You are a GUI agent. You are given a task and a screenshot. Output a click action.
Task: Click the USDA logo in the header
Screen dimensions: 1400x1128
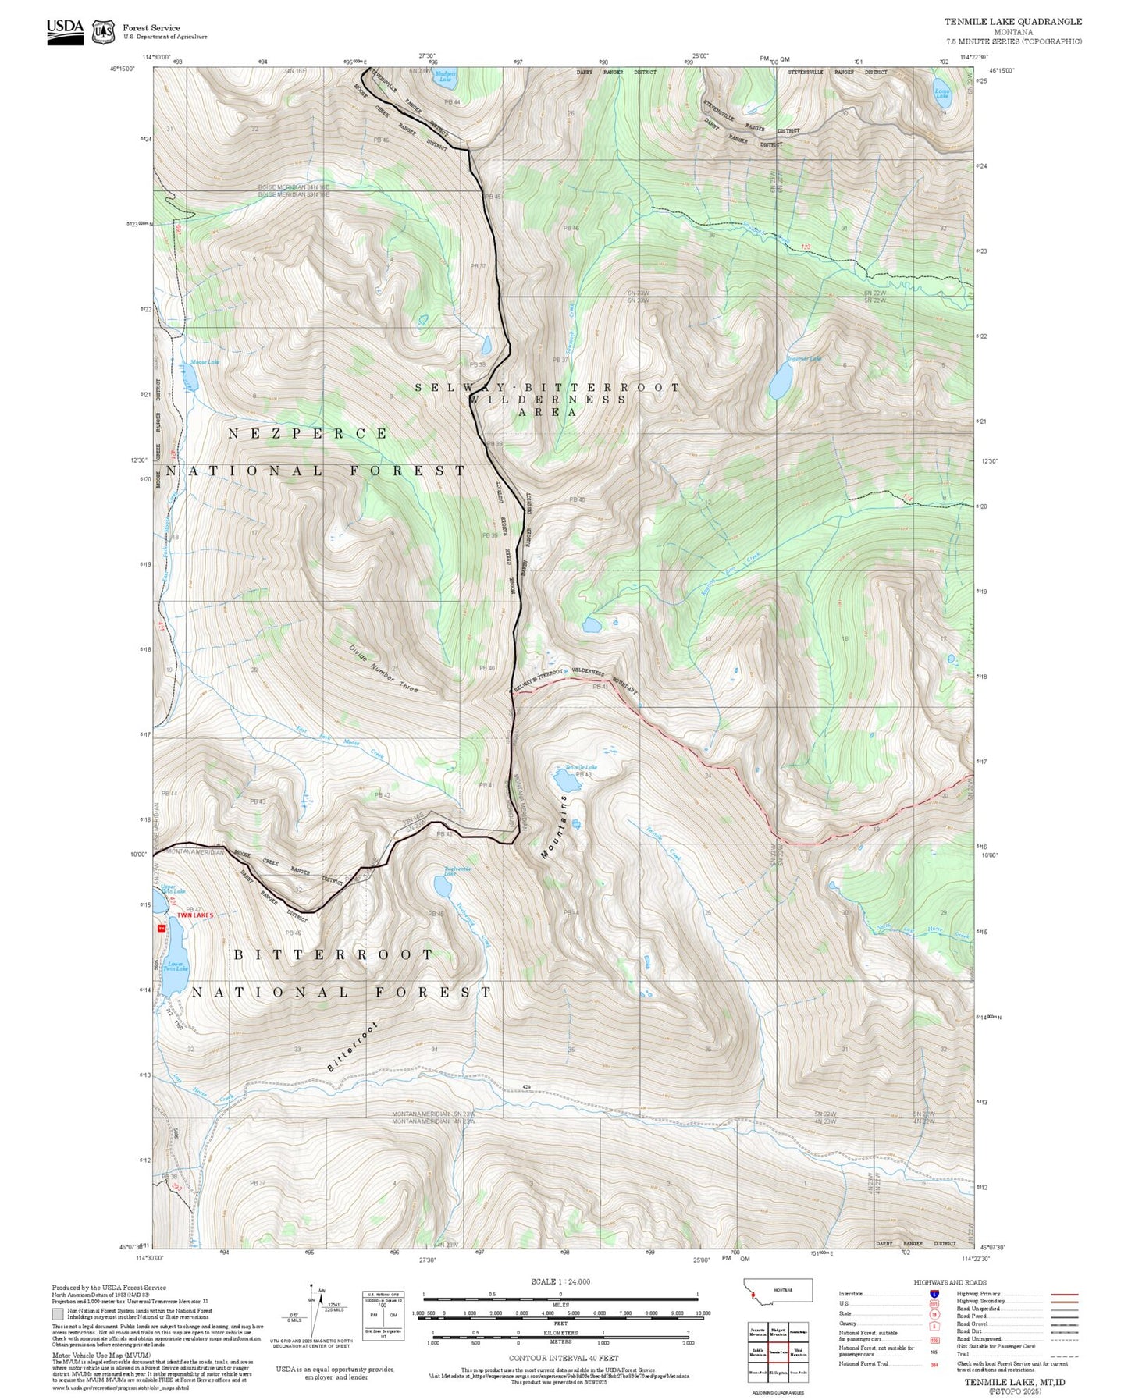tap(65, 30)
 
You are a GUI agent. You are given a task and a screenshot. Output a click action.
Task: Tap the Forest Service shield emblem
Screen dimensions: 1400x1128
tap(103, 32)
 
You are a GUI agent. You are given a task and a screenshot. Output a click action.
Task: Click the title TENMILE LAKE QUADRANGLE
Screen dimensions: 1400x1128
tap(1012, 22)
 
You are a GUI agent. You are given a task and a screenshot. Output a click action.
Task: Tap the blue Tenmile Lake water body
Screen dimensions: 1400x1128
tap(563, 780)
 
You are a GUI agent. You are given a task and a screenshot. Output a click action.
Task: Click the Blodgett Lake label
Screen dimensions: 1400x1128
tap(444, 75)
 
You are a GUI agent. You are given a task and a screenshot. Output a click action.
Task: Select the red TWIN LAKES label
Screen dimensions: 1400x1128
tap(194, 915)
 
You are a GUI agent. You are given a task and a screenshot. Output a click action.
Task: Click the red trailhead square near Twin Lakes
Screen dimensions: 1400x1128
tap(162, 928)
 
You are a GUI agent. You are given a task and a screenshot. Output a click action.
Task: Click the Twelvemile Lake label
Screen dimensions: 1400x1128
tap(457, 871)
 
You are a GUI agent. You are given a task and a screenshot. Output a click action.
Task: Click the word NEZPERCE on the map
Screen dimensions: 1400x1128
tap(308, 433)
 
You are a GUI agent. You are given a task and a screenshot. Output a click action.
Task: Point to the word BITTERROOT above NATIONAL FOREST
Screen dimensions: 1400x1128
tap(333, 954)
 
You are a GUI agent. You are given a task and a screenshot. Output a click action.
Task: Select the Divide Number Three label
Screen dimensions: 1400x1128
tap(383, 668)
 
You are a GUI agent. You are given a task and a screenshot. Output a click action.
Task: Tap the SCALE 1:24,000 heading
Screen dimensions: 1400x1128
tap(560, 1281)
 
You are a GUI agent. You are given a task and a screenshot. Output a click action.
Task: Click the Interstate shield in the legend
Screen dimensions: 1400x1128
tap(933, 1294)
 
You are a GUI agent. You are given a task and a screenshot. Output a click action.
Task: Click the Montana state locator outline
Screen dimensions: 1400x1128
tap(779, 1291)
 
